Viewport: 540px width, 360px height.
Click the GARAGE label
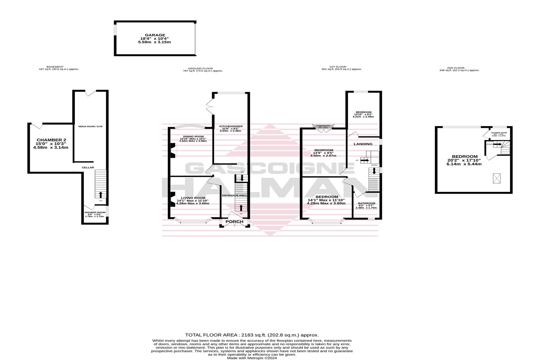click(155, 35)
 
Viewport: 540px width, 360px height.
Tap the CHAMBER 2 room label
click(51, 140)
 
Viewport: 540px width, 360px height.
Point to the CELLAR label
click(88, 167)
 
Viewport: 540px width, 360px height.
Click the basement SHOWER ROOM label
click(95, 212)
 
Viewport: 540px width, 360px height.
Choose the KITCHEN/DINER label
click(231, 126)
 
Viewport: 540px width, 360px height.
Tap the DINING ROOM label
click(193, 136)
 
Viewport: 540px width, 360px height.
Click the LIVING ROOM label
click(193, 198)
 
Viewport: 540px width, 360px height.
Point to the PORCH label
click(234, 222)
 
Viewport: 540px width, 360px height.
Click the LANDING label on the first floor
click(363, 144)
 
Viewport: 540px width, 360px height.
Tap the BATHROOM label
click(366, 203)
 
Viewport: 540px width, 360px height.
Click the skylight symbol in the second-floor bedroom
click(497, 177)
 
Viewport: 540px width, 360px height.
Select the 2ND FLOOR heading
click(455, 68)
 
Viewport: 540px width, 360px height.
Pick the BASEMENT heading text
click(56, 67)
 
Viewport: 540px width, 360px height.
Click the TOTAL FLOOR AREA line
click(252, 335)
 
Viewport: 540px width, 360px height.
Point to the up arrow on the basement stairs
click(100, 195)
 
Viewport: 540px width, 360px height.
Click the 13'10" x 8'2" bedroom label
click(364, 112)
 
